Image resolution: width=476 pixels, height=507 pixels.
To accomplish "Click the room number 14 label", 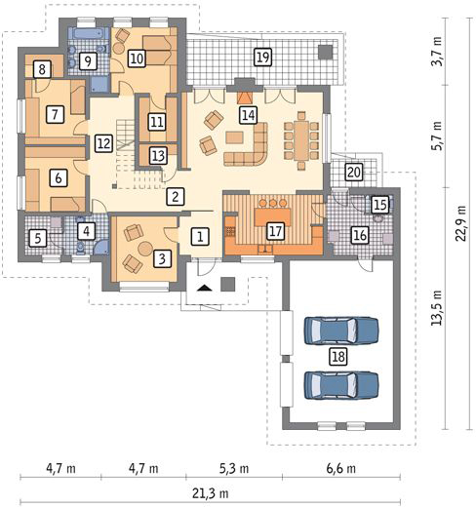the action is click(x=249, y=115).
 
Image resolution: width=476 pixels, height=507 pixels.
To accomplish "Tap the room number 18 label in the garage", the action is click(x=338, y=356).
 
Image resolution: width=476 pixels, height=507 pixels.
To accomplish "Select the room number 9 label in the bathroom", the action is click(x=88, y=61).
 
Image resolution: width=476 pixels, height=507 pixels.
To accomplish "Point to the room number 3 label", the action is click(x=162, y=258).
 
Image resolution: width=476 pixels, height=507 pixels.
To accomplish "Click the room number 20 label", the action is click(x=354, y=172).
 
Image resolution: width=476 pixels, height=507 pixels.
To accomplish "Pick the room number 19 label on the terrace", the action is click(x=262, y=58).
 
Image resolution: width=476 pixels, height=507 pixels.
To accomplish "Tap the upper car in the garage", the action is click(x=341, y=331).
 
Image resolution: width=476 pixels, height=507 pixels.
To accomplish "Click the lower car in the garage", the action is click(x=341, y=385).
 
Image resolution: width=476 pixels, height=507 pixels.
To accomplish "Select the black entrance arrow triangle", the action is click(x=205, y=288).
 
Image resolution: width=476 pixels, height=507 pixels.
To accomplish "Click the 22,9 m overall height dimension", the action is click(x=460, y=223).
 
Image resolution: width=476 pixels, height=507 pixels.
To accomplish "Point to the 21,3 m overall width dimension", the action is click(x=211, y=493).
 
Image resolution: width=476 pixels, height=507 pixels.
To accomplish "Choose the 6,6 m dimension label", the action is click(x=341, y=468).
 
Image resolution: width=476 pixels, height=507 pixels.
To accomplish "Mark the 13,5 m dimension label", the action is click(x=436, y=307).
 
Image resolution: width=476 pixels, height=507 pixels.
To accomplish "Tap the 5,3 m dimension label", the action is click(x=234, y=468).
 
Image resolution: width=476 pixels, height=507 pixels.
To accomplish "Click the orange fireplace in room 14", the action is click(x=244, y=97).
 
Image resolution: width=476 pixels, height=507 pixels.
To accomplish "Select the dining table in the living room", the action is click(x=301, y=140).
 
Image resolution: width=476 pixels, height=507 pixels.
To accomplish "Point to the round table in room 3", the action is click(x=145, y=249).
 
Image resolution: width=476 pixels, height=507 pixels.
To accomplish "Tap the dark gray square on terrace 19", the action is click(x=325, y=52).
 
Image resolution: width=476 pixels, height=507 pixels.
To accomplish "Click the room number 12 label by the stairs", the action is click(x=104, y=143).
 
